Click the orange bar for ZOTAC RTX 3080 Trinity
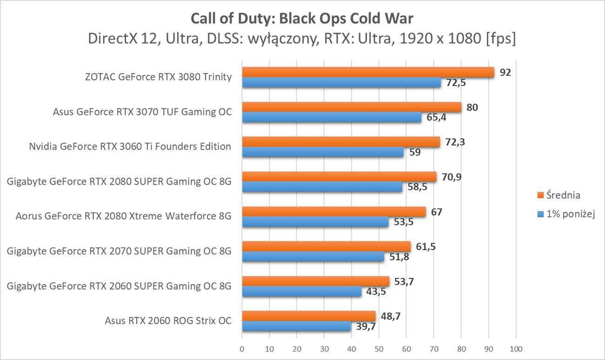[x=368, y=72]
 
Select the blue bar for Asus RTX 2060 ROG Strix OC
[x=296, y=327]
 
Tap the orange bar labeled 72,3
[x=341, y=142]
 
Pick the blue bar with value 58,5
[x=322, y=187]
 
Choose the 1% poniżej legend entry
[x=565, y=214]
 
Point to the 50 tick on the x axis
[x=379, y=348]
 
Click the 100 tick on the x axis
[x=516, y=348]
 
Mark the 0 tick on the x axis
[x=242, y=348]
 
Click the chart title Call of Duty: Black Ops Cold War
[x=302, y=19]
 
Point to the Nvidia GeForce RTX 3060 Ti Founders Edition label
[x=130, y=147]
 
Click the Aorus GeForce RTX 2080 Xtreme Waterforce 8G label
[x=123, y=216]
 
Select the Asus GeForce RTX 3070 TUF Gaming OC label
[x=142, y=112]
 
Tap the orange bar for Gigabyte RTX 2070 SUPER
[x=326, y=247]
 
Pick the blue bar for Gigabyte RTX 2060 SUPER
[x=302, y=292]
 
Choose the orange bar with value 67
[x=334, y=212]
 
